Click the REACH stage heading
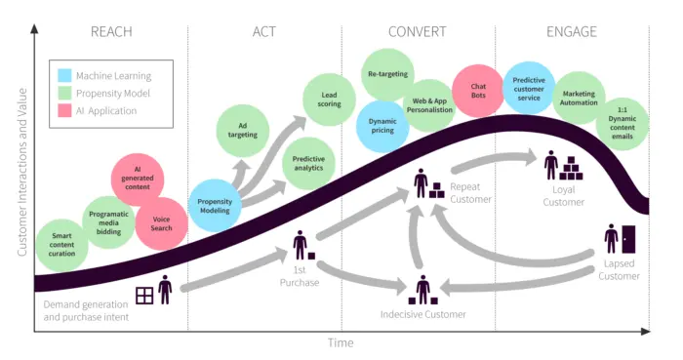[x=110, y=31]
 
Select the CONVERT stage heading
[x=418, y=31]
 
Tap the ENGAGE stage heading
[x=571, y=31]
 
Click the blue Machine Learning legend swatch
[x=64, y=75]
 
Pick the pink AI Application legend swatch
[x=64, y=111]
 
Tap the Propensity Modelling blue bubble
[x=215, y=205]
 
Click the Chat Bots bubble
[x=478, y=91]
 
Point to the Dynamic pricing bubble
[x=382, y=126]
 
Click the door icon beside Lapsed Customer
[x=627, y=239]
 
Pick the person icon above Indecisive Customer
[x=422, y=290]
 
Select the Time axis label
[x=341, y=343]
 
